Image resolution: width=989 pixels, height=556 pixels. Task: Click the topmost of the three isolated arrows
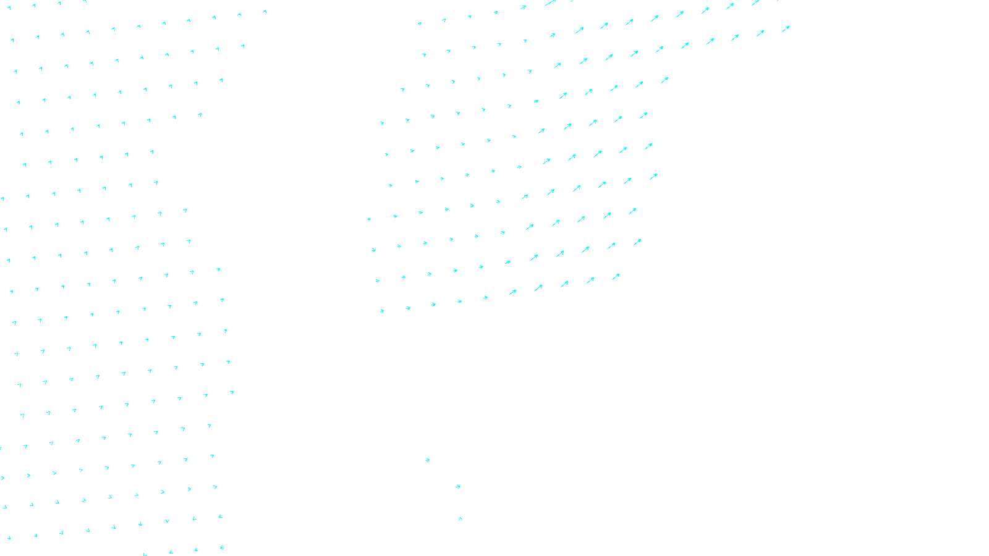click(428, 460)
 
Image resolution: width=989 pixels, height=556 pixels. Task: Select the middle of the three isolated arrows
click(458, 487)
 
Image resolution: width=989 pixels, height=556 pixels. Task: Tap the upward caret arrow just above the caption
click(461, 519)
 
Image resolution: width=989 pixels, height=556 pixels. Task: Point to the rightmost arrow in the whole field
click(786, 28)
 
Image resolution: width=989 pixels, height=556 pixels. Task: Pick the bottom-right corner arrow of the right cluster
click(616, 277)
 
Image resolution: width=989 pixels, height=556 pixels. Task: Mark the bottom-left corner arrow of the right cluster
click(382, 311)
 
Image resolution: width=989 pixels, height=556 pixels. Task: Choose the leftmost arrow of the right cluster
click(370, 219)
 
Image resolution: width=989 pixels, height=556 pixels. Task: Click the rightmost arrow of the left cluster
click(265, 12)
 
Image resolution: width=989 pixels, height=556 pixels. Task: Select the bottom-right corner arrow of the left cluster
click(221, 547)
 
